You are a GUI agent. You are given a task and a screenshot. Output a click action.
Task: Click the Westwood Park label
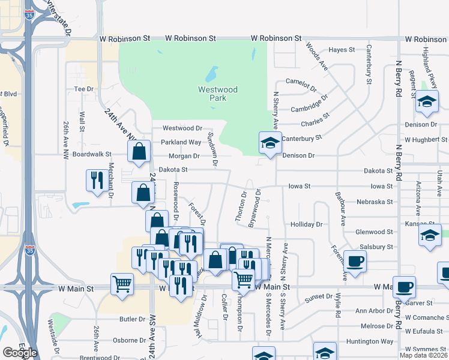coord(218,94)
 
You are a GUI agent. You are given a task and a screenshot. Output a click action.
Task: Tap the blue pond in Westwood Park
coord(211,75)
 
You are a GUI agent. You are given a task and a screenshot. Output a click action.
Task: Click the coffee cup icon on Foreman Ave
coord(355,261)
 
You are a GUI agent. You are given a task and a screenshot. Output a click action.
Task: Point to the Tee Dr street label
coord(85,89)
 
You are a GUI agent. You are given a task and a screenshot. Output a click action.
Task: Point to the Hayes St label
coord(342,50)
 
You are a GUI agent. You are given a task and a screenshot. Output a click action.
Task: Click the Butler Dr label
coord(133,319)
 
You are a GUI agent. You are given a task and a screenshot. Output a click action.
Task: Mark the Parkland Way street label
coord(180,142)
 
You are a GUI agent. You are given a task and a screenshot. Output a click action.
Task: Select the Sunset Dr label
coord(318,297)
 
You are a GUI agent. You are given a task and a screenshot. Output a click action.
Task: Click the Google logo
coord(20,352)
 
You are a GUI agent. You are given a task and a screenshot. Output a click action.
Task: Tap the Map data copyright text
coord(423,355)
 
